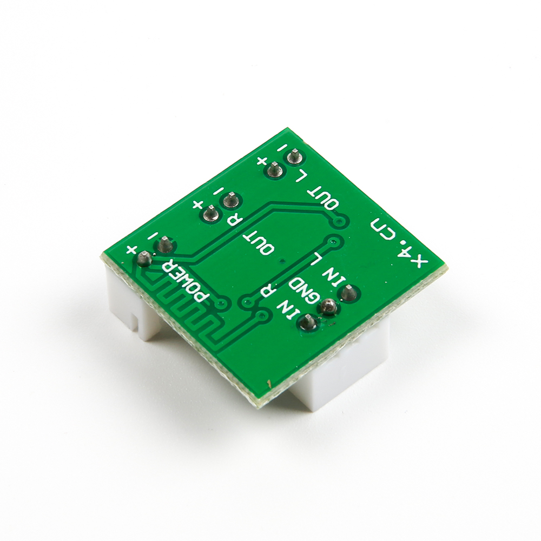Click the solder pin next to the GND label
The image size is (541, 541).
click(x=327, y=307)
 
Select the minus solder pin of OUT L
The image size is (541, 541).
click(x=294, y=157)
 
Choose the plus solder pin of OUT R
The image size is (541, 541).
click(x=210, y=215)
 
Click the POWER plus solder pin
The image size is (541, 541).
click(x=144, y=259)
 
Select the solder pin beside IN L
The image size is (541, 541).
click(x=347, y=293)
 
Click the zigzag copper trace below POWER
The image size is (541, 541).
click(x=184, y=314)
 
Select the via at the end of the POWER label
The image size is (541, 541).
click(x=220, y=305)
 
